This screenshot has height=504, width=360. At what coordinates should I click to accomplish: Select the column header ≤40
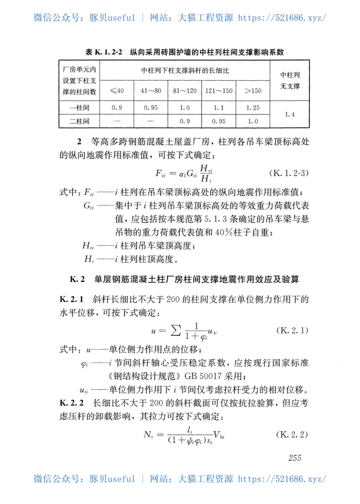[118, 91]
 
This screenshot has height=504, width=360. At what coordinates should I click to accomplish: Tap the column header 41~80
[151, 91]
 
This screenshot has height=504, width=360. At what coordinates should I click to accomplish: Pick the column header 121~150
[219, 91]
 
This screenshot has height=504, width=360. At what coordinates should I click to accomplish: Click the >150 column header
[252, 91]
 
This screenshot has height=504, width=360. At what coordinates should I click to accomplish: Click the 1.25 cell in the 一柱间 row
[252, 108]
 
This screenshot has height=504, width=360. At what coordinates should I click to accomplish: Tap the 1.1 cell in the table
[219, 108]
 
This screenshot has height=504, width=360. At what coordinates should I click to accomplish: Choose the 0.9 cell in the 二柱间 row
[184, 121]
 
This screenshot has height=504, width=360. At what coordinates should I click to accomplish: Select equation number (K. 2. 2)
[290, 435]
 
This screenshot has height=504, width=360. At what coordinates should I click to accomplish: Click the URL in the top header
[282, 18]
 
